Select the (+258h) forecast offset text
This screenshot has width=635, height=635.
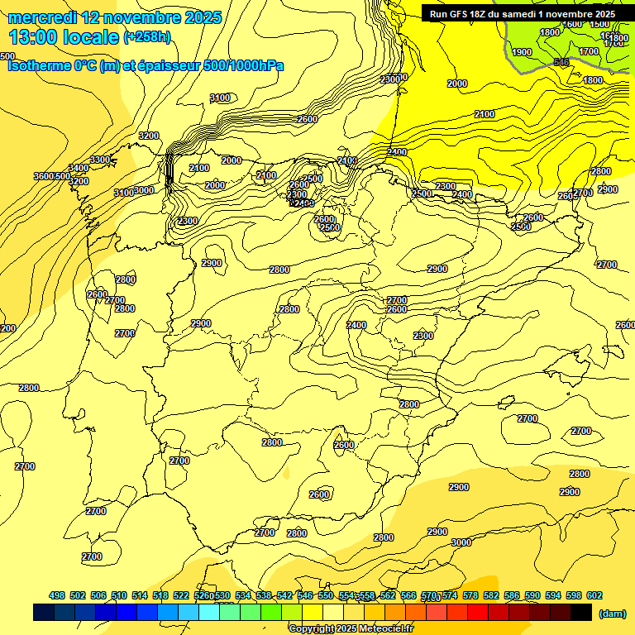pos(147,36)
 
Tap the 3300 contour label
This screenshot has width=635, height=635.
pos(100,160)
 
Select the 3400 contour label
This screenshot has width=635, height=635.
pos(79,169)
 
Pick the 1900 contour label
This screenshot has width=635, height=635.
pos(522,52)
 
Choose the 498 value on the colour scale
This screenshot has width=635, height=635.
pos(57,595)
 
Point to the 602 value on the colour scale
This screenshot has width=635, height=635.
pos(594,595)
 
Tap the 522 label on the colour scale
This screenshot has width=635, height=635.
pos(181,595)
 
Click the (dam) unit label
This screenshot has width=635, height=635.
pos(612,613)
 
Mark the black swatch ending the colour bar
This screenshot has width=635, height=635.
pos(581,612)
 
